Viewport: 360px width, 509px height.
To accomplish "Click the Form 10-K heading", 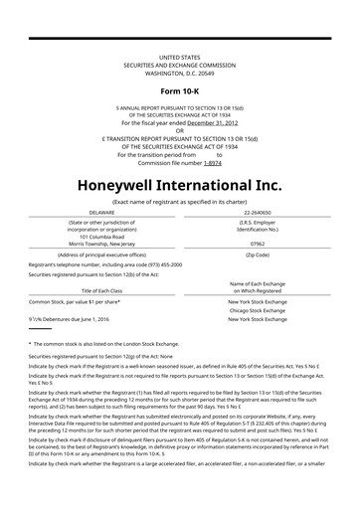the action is pyautogui.click(x=179, y=90).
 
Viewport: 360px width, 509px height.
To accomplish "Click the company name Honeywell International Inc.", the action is pyautogui.click(x=179, y=185).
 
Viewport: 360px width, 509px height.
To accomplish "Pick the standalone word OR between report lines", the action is pyautogui.click(x=179, y=130).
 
